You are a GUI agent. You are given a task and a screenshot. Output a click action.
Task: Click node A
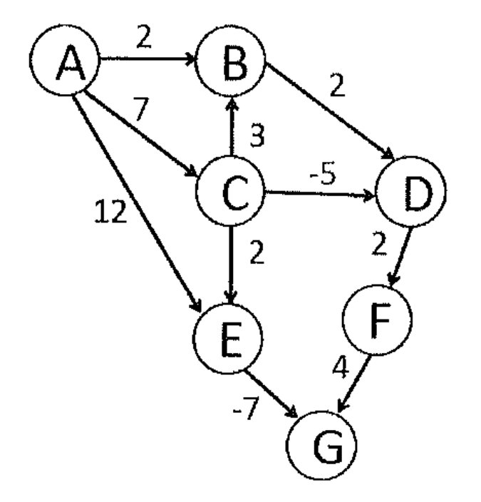point(65,60)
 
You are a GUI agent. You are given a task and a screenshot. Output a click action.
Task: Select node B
point(230,60)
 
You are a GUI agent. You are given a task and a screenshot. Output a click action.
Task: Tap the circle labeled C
point(230,191)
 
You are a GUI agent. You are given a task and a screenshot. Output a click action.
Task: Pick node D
point(411,191)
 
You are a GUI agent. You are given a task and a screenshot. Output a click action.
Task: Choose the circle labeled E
point(227,339)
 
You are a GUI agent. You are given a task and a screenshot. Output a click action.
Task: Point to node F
point(377,319)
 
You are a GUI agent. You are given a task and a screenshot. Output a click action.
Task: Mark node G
point(321,446)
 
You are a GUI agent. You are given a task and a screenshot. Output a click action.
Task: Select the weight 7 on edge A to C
point(141,109)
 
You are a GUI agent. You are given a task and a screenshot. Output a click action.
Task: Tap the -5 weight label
point(323,174)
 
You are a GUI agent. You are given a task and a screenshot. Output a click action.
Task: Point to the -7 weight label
point(245,408)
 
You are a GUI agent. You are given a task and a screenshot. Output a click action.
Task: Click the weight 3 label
point(257,135)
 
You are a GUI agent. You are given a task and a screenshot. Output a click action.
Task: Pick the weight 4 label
point(340,367)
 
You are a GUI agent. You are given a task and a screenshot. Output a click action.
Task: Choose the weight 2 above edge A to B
point(144,37)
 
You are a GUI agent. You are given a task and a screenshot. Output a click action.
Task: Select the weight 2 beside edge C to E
point(257,252)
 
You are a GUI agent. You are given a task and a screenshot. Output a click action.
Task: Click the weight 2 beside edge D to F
point(379,245)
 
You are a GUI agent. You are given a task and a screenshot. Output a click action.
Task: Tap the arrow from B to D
point(331,111)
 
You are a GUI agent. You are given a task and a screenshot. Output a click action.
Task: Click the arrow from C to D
point(320,193)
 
